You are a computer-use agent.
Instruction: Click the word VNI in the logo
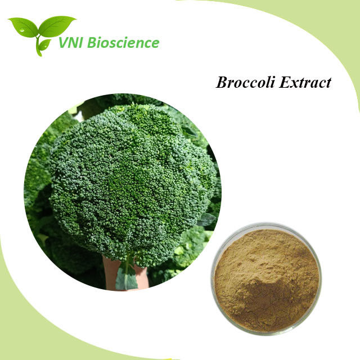click(x=70, y=43)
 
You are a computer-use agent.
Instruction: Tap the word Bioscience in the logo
click(x=123, y=43)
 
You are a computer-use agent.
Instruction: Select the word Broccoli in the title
click(x=245, y=82)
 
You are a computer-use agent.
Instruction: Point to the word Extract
click(x=305, y=82)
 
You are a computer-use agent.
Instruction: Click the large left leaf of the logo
click(x=23, y=27)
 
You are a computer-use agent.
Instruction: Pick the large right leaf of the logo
click(x=56, y=26)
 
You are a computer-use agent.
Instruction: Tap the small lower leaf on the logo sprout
click(x=44, y=45)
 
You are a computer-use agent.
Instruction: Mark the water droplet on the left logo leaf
click(x=22, y=30)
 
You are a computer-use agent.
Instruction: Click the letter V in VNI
click(x=63, y=43)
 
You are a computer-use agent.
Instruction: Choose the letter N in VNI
click(x=73, y=43)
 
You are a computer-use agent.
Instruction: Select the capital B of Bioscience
click(x=92, y=43)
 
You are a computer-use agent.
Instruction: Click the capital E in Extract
click(x=285, y=82)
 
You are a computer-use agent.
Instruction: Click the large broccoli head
click(x=133, y=184)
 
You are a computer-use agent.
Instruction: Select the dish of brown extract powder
click(x=266, y=278)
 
